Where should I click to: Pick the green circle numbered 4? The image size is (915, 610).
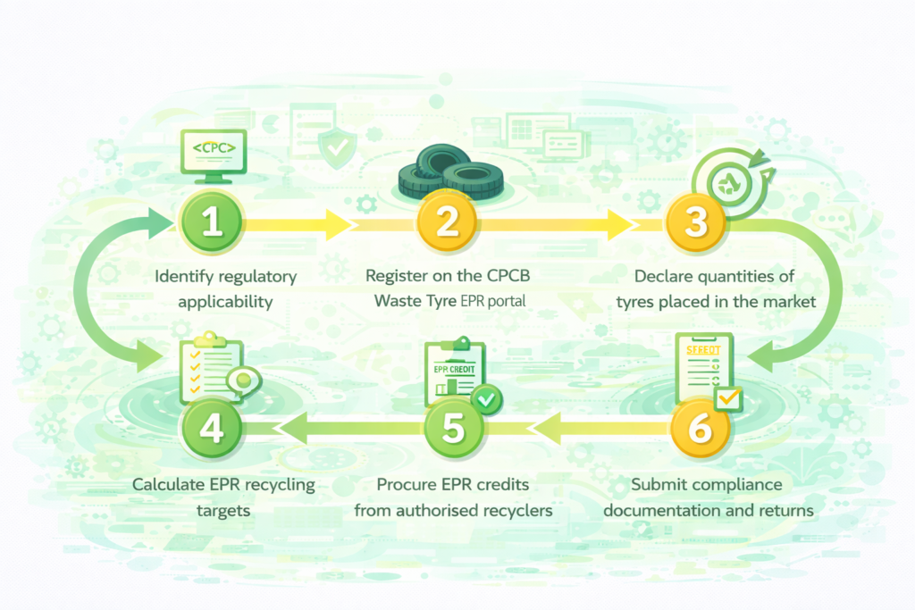[x=212, y=428]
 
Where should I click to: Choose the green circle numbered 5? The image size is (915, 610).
[x=453, y=428]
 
